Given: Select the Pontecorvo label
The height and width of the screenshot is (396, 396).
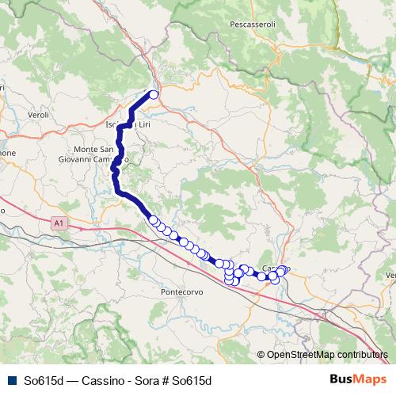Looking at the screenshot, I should click(183, 291).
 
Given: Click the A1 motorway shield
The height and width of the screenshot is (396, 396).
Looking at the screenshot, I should click(59, 224).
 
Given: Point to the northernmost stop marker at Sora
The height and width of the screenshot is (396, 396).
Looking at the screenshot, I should click(154, 95).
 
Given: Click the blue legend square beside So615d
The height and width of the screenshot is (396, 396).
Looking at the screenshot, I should click(10, 380).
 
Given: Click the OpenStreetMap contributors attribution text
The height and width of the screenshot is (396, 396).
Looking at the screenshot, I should click(327, 355).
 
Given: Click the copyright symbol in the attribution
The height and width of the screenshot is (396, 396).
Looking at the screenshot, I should click(261, 355).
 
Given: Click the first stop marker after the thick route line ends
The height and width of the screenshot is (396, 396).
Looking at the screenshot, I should click(154, 221).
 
